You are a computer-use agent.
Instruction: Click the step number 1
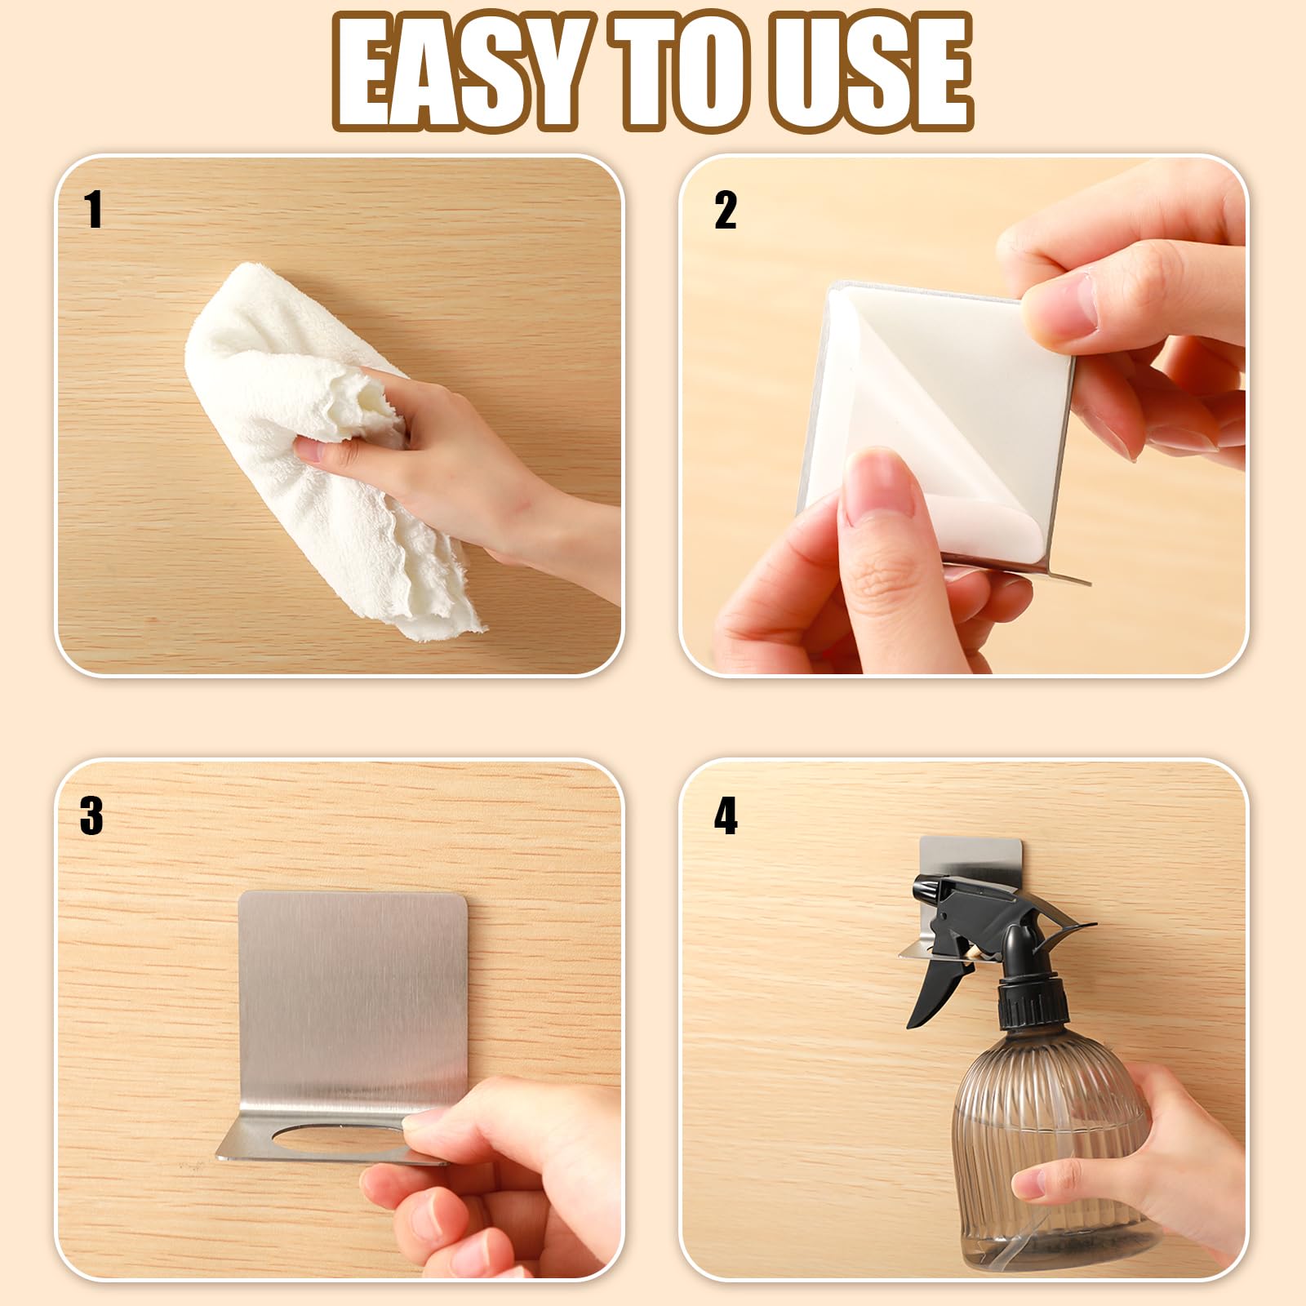point(94,210)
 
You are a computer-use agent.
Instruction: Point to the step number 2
point(725,210)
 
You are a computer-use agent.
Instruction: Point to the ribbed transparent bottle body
point(1053,1143)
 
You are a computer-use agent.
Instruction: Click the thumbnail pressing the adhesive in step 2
point(877,486)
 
